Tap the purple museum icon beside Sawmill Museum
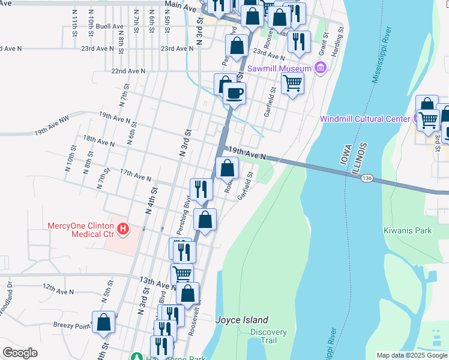pyautogui.click(x=321, y=68)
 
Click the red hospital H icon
pyautogui.click(x=123, y=228)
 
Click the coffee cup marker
pyautogui.click(x=234, y=93)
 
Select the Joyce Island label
pyautogui.click(x=242, y=320)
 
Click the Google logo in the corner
pyautogui.click(x=20, y=353)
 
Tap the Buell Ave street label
pyautogui.click(x=109, y=26)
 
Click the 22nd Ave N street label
pyautogui.click(x=128, y=71)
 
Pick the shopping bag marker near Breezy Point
pyautogui.click(x=104, y=322)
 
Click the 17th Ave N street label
pyautogui.click(x=135, y=176)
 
